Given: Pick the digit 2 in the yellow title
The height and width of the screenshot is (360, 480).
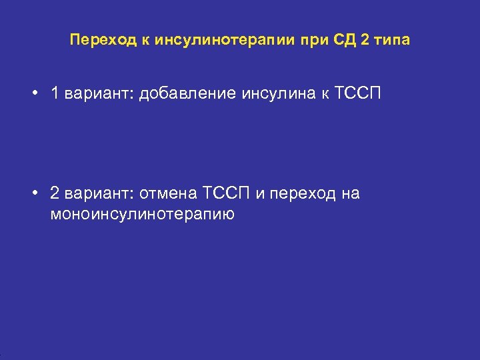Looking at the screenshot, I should (x=364, y=40).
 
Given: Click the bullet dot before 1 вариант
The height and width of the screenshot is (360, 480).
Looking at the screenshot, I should (x=33, y=93).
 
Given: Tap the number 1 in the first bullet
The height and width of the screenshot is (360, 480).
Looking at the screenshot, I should (x=55, y=93).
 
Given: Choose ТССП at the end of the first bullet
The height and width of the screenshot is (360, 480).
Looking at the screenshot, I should (x=358, y=93).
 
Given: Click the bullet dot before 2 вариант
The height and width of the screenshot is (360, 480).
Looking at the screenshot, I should (x=33, y=193).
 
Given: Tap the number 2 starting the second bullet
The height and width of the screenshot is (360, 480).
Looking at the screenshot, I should (x=55, y=193).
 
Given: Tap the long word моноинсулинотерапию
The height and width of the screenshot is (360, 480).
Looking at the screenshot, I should (x=142, y=215).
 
